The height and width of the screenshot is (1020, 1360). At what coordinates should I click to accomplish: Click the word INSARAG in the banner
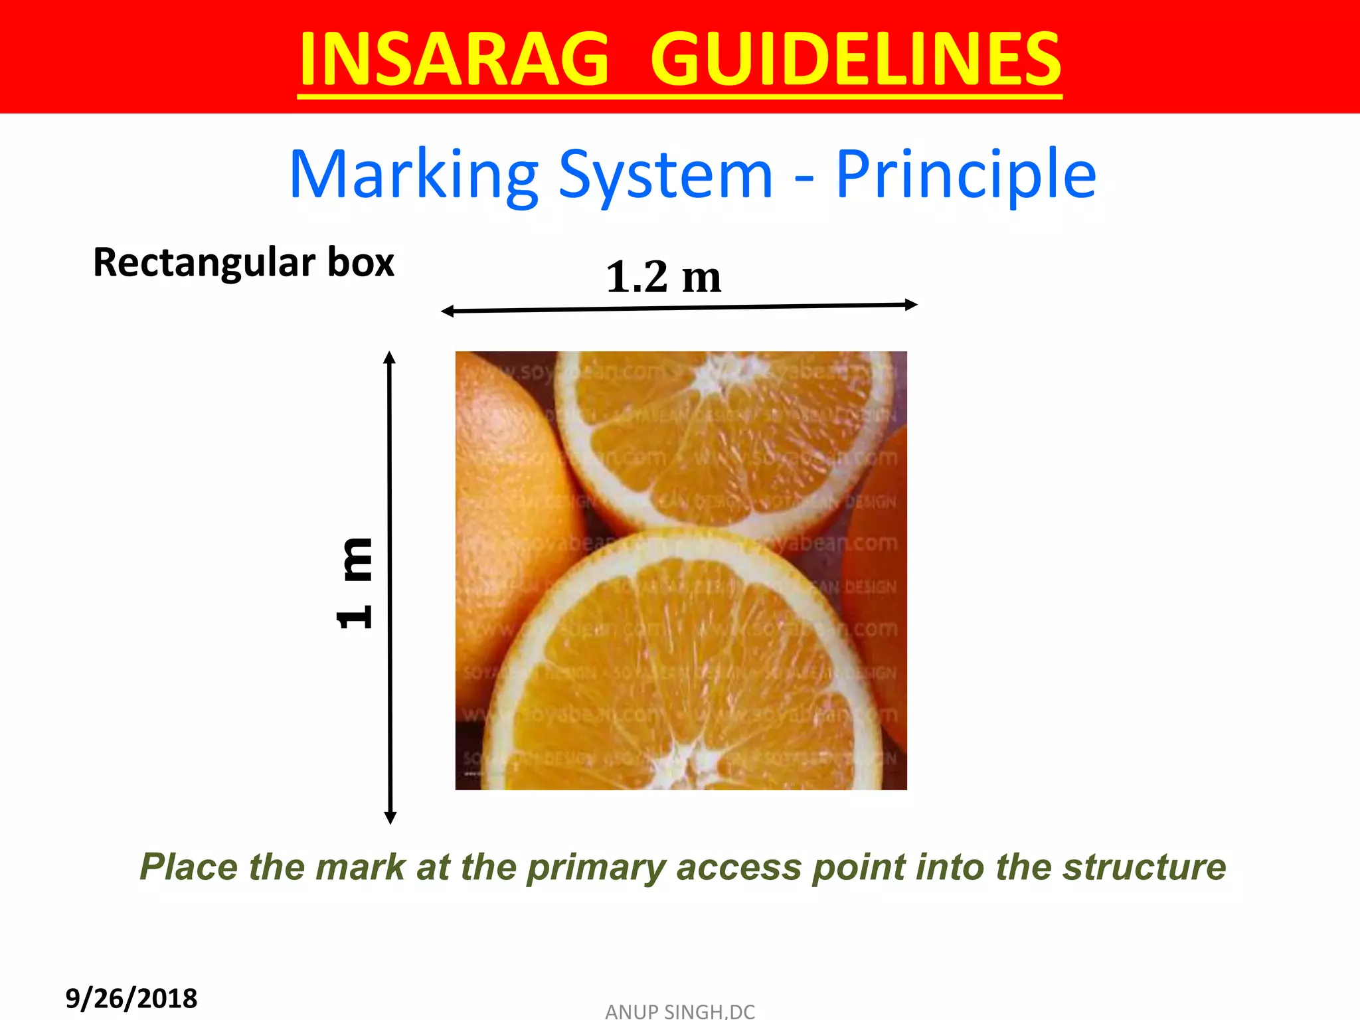[x=454, y=60]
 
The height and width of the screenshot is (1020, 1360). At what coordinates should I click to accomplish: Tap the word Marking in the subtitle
[x=414, y=175]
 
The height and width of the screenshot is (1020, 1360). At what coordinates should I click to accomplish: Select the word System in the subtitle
[x=665, y=175]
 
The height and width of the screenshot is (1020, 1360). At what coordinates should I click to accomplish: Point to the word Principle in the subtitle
[x=965, y=175]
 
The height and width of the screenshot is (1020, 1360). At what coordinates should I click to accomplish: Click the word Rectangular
[x=203, y=263]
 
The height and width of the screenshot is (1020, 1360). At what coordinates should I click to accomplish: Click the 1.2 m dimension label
[x=663, y=277]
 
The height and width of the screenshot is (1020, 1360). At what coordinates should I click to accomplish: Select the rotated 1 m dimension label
[x=355, y=583]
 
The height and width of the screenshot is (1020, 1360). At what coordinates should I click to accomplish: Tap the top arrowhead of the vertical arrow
[x=390, y=358]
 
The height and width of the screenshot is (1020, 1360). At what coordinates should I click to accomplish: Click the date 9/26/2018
[x=131, y=998]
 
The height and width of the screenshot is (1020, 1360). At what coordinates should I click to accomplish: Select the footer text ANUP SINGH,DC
[x=679, y=1011]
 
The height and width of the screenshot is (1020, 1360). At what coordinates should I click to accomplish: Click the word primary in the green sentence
[x=596, y=867]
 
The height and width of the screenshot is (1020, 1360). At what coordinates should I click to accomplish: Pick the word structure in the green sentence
[x=1144, y=867]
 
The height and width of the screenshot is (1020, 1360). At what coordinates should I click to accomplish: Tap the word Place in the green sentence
[x=189, y=867]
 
